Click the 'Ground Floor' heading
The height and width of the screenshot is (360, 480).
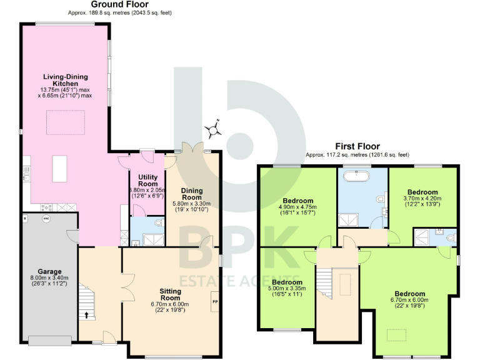tap(119, 4)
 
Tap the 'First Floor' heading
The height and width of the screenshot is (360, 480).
tap(357, 146)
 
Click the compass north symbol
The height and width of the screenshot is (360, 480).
tap(214, 129)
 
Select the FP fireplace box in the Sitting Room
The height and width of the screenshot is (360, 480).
tap(215, 302)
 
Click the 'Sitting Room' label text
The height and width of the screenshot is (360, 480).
tap(170, 294)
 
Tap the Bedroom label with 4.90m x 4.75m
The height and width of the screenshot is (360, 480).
tap(297, 201)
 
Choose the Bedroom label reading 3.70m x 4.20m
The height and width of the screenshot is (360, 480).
tap(422, 192)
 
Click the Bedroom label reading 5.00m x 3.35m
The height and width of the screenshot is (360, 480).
tap(287, 282)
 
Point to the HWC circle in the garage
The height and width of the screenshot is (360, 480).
tap(46, 219)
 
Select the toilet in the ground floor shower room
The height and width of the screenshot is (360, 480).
tap(157, 222)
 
